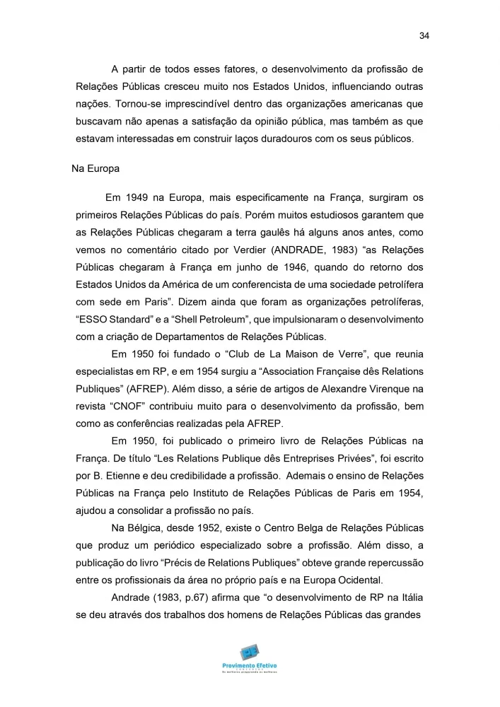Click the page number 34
[424, 37]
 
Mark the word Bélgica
[146, 530]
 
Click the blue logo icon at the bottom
[249, 651]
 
